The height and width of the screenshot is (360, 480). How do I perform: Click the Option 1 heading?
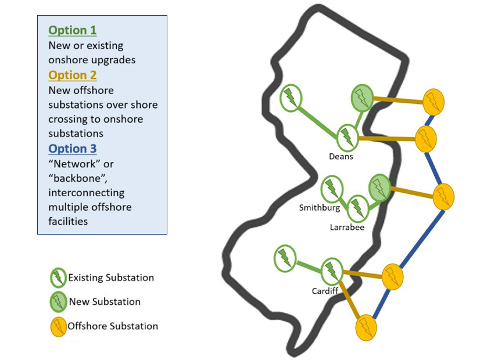(x=73, y=30)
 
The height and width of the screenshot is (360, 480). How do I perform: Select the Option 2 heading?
(x=73, y=75)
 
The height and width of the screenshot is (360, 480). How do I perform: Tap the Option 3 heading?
(x=73, y=149)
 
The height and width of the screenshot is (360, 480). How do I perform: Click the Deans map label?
(x=341, y=156)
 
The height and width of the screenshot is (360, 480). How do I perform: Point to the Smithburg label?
(x=319, y=207)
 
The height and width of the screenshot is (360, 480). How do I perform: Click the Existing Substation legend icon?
(x=59, y=278)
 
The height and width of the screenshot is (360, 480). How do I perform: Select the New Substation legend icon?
(x=59, y=302)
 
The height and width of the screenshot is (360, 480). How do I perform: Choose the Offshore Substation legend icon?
(x=58, y=327)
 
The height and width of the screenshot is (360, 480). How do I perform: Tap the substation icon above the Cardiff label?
(x=331, y=270)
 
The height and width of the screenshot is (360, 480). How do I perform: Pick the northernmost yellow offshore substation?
(x=433, y=102)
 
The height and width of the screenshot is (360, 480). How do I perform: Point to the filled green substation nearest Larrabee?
(x=379, y=188)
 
